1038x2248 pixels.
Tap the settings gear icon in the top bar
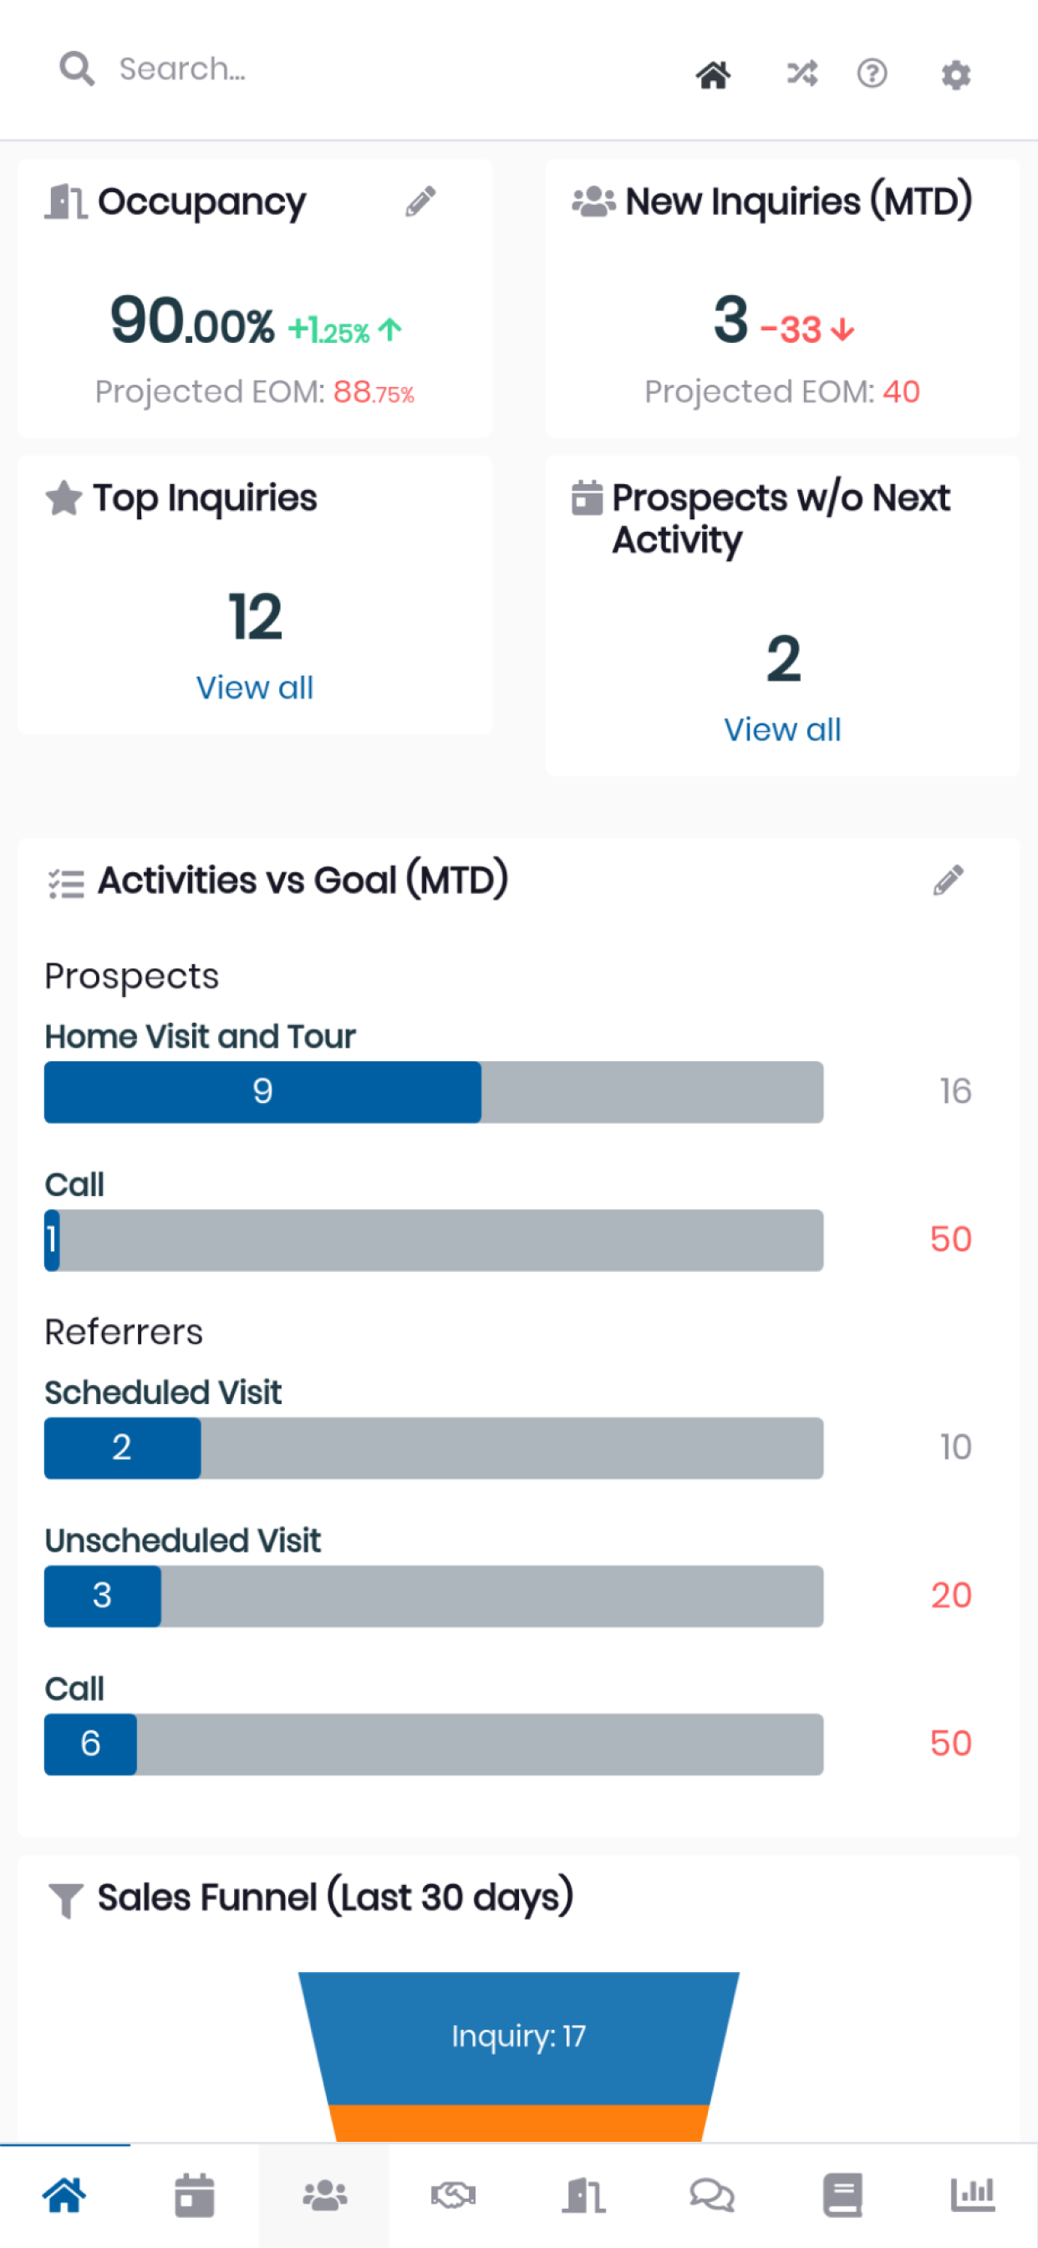(956, 74)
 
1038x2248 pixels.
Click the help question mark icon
(872, 74)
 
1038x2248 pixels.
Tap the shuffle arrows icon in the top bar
(801, 74)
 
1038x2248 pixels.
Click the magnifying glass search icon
(77, 69)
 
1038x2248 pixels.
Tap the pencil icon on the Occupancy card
(420, 202)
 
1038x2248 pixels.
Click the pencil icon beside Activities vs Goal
(948, 881)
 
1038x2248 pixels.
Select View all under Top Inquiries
(255, 687)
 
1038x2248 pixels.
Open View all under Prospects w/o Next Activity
(782, 729)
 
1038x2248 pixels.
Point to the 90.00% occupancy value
(192, 321)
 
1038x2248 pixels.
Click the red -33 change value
(791, 330)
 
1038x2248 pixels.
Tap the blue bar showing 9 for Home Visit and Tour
(262, 1091)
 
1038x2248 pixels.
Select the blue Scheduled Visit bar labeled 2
(122, 1448)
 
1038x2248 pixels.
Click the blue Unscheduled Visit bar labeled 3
(103, 1597)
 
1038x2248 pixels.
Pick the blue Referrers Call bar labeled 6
(91, 1745)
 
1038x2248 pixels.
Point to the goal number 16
(955, 1091)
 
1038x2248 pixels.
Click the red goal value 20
(951, 1595)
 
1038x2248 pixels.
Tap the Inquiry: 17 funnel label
(518, 2036)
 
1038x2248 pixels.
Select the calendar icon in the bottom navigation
(195, 2194)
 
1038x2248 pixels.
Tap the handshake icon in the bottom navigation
(454, 2194)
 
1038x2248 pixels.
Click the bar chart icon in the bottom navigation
(973, 2194)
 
